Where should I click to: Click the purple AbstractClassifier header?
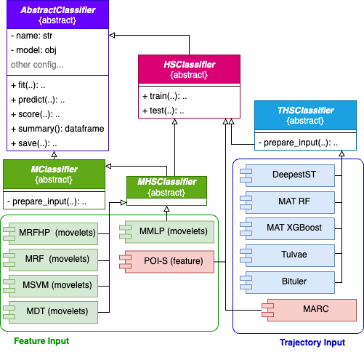click(57, 15)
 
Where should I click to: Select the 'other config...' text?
click(37, 65)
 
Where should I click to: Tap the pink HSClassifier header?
click(189, 70)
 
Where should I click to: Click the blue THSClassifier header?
click(305, 116)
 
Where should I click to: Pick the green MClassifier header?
click(54, 175)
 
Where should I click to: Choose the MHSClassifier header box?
click(166, 187)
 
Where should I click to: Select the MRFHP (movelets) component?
click(51, 233)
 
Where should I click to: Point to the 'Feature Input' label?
click(41, 340)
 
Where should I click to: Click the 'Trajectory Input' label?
click(312, 342)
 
